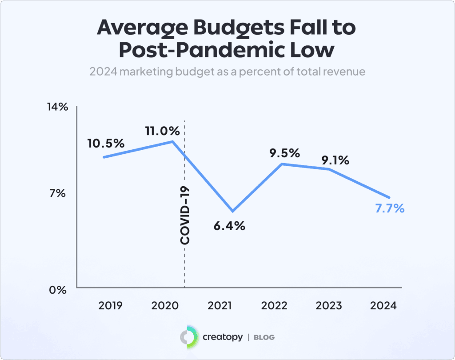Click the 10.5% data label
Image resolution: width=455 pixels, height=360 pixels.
(x=106, y=144)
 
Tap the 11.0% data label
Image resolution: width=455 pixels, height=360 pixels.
(x=162, y=131)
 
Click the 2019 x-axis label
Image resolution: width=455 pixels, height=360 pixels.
(x=111, y=306)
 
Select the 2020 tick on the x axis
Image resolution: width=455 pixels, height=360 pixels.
(x=165, y=306)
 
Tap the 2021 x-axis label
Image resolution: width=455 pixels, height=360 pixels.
(x=219, y=306)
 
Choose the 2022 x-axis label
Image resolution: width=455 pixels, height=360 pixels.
(x=274, y=306)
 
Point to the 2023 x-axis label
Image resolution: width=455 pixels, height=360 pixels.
(x=328, y=306)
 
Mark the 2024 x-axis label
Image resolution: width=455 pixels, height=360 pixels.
(x=383, y=306)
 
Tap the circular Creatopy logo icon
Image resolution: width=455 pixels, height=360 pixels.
(x=188, y=337)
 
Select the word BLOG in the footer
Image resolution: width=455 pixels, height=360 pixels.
(x=264, y=337)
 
